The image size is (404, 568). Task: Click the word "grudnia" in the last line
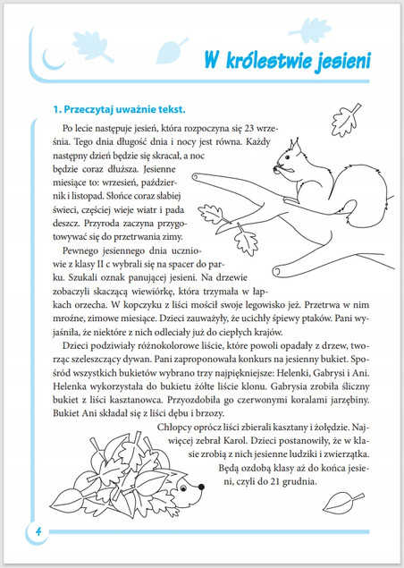[309, 478]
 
